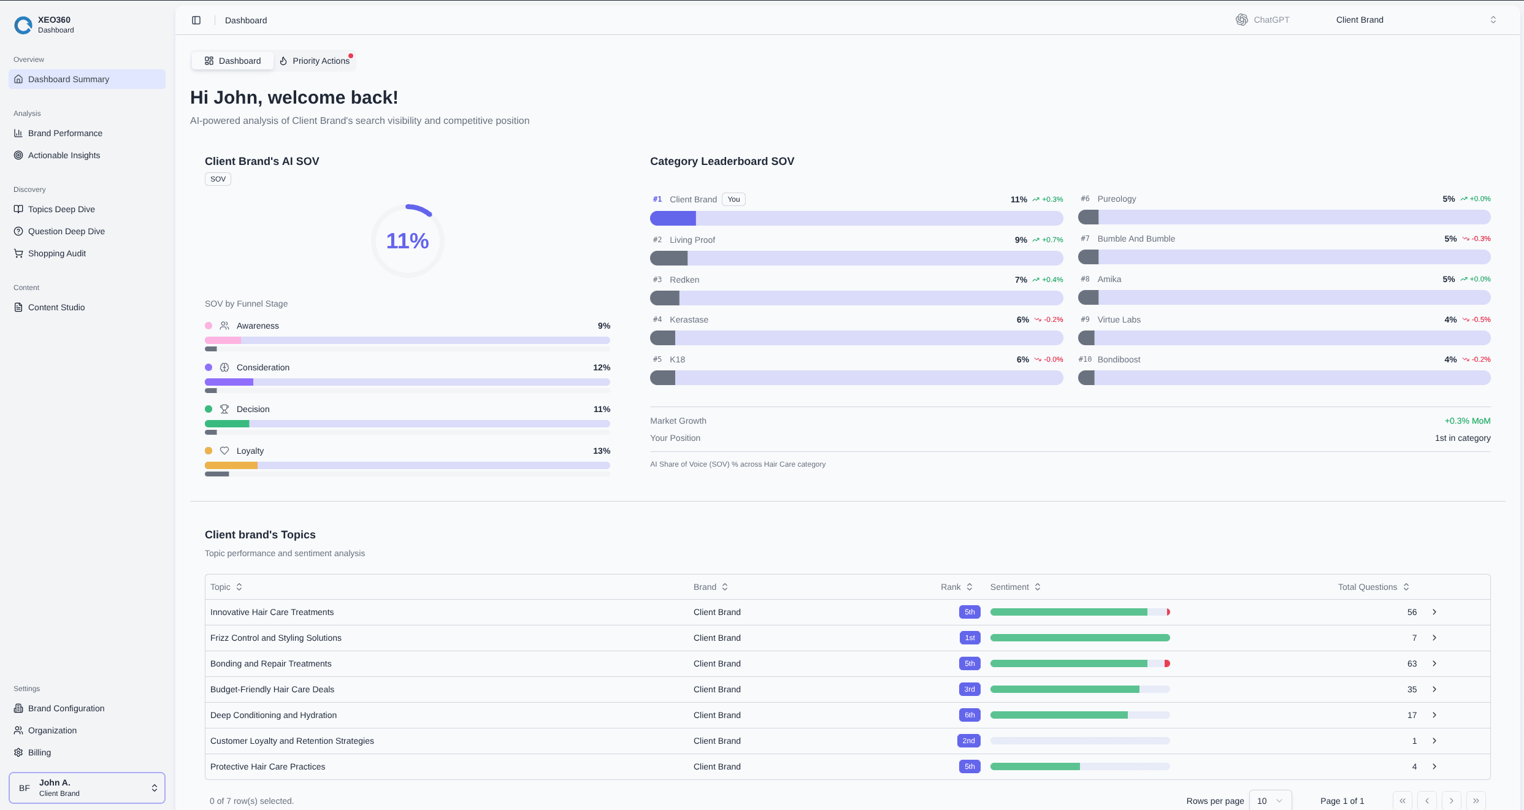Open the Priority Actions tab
315,61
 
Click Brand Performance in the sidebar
65,133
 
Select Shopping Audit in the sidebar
56,253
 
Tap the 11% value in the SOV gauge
407,241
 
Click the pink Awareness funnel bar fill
223,340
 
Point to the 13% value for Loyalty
601,451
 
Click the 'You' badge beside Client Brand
733,199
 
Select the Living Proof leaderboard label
692,240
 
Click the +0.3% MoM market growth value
1467,421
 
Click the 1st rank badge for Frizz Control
970,638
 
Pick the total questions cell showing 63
1412,663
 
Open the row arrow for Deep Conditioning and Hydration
1434,715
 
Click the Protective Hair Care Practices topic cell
267,766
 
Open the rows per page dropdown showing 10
1269,801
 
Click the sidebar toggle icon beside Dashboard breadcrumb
196,20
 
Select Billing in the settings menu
39,752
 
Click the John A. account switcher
86,787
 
